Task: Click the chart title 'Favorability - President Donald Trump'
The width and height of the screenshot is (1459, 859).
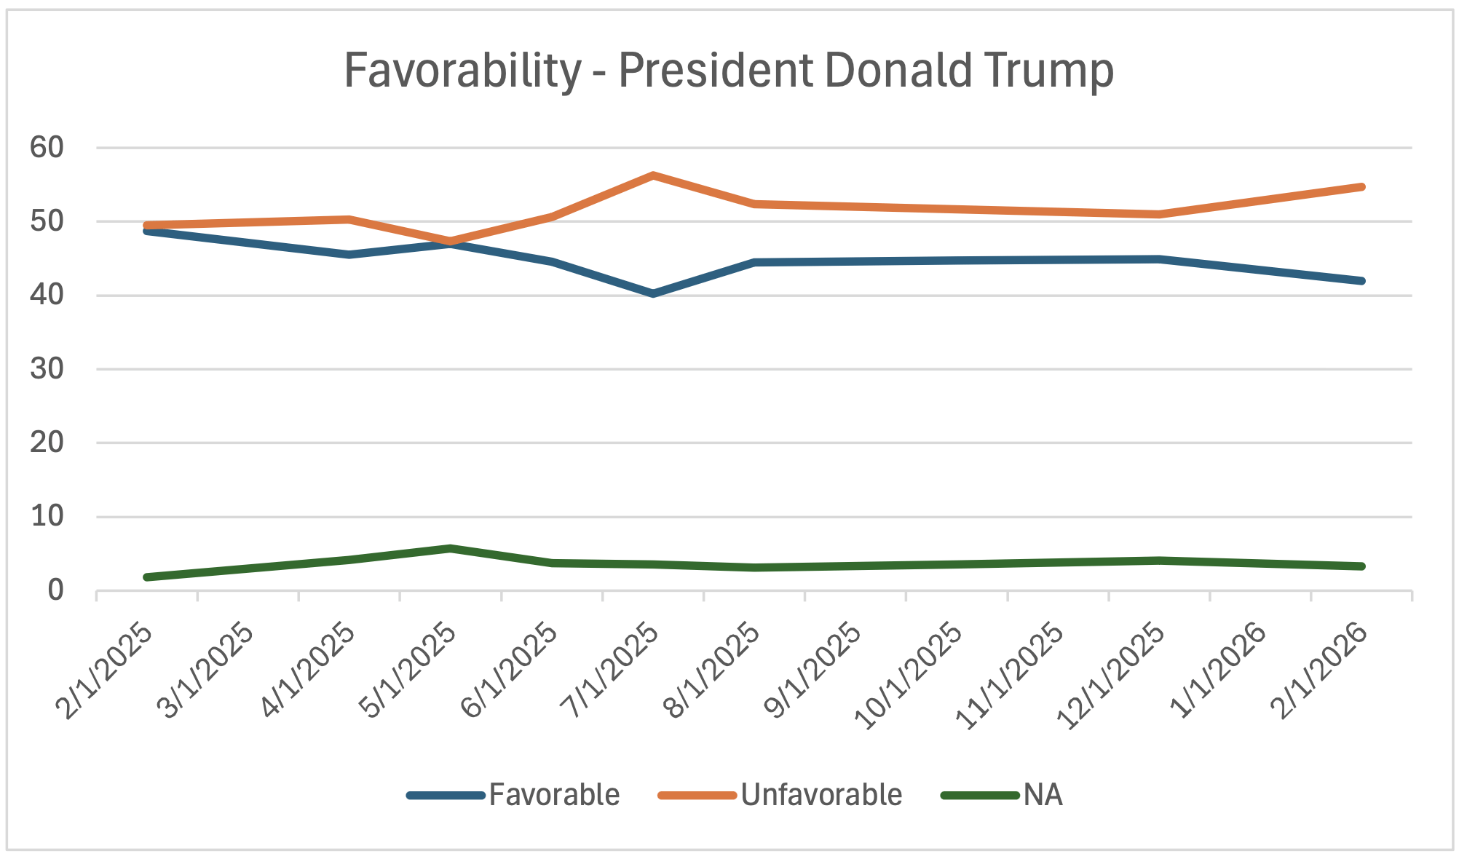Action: click(x=729, y=71)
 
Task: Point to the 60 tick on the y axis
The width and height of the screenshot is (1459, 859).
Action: click(x=47, y=148)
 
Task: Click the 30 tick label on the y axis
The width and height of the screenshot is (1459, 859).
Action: click(x=47, y=369)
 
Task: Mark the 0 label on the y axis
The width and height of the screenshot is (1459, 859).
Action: click(x=55, y=590)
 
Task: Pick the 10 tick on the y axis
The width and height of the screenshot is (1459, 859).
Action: click(x=47, y=517)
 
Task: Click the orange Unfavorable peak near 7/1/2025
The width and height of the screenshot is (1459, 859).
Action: click(x=654, y=175)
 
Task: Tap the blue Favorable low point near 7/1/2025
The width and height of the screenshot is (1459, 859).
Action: click(x=654, y=293)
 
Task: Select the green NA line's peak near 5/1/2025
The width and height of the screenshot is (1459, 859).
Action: click(x=451, y=548)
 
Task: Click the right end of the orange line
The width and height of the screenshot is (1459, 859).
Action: click(x=1361, y=187)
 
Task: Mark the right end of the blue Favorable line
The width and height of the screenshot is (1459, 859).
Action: click(x=1361, y=281)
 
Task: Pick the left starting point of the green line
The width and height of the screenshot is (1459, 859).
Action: click(x=148, y=577)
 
